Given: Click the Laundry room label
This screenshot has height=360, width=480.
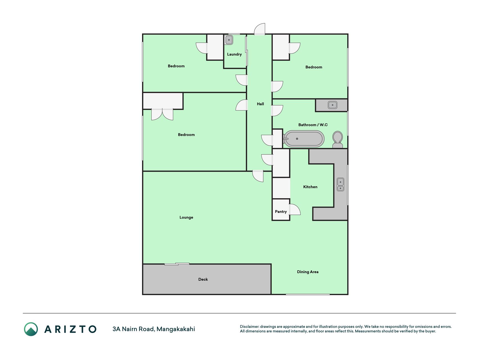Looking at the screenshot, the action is coord(234,54).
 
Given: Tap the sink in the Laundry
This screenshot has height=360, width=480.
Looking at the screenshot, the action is coord(229,40).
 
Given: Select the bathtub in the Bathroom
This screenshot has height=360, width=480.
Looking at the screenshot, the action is coord(303,139).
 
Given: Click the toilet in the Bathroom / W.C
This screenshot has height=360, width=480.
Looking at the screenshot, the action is coord(337,140).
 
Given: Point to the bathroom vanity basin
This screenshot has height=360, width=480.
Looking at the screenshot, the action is coord(332,105).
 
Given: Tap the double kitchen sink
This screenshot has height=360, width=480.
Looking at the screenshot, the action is coord(340,184).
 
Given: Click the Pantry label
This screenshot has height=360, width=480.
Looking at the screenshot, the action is coord(281,211).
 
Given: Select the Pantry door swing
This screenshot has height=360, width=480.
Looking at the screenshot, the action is coord(295,210).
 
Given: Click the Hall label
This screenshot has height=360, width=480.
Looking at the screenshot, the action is coord(260,104).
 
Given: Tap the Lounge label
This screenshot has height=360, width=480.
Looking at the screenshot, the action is coord(186,217).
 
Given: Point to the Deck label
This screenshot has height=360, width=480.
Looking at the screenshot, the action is coord(203,279).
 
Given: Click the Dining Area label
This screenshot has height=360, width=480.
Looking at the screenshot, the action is coord(308,272).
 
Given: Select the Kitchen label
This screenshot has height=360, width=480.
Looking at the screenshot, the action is coord(310,187).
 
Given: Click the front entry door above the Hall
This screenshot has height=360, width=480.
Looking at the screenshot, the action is coord(260,29).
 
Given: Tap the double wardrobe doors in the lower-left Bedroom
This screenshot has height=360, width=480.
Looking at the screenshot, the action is coord(162,114).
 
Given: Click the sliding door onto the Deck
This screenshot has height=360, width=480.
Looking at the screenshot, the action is coord(177,264).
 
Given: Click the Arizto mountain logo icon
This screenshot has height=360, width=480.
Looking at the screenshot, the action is coord(31,329).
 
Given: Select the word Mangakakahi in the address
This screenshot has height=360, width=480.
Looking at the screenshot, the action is coord(176,329).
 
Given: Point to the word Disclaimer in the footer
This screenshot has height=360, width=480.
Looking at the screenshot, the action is coord(249,327).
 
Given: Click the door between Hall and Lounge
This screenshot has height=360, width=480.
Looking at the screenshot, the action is coord(258,176).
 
